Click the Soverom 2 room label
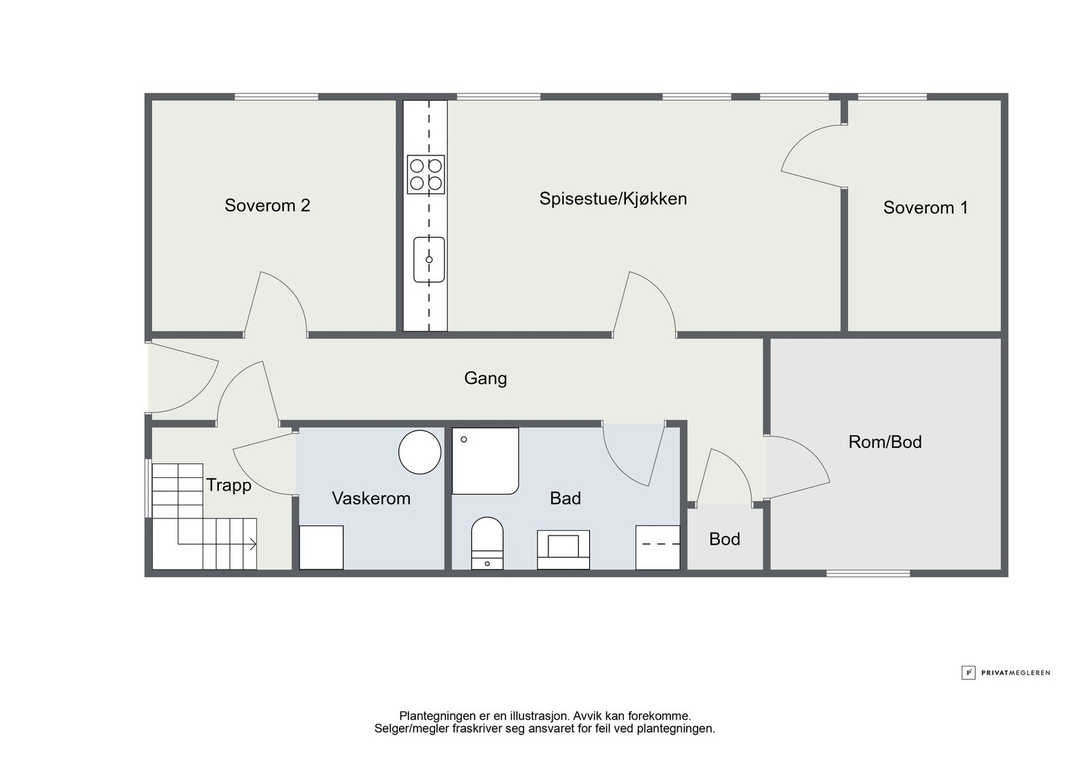tap(267, 205)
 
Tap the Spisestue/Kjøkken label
tap(613, 198)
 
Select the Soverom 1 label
tap(925, 207)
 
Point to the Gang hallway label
tap(485, 378)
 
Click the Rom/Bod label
tap(885, 442)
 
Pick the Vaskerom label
tap(371, 499)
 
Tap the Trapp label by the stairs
tap(228, 486)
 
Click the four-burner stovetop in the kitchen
tap(425, 175)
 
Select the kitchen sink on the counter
tap(429, 260)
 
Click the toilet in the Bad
tap(487, 543)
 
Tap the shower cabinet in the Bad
tap(485, 461)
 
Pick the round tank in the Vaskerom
tap(419, 452)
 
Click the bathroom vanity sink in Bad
tap(563, 550)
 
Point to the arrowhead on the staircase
tap(253, 544)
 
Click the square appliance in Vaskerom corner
tap(321, 548)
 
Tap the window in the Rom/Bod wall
tap(868, 574)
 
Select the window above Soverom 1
tap(893, 96)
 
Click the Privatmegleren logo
tap(1006, 672)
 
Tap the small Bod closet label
tap(725, 539)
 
